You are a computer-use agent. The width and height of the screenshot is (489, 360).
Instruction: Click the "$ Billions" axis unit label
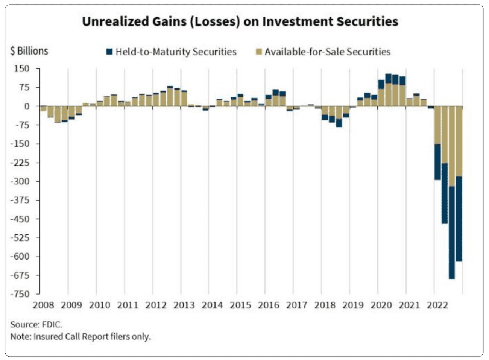(x=29, y=51)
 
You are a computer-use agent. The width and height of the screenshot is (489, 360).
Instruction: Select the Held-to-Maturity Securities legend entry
(x=172, y=52)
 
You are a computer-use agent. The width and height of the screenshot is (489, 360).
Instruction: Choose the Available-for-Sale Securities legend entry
(x=323, y=52)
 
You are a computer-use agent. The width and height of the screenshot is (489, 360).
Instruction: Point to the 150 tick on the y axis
(x=22, y=69)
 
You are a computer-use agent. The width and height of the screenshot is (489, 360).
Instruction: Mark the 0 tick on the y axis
(x=27, y=106)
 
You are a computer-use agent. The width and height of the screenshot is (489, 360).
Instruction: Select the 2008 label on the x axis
(x=43, y=305)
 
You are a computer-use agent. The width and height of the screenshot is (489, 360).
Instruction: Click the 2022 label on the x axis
(x=437, y=305)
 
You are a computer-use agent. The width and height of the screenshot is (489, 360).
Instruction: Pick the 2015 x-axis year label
(x=240, y=305)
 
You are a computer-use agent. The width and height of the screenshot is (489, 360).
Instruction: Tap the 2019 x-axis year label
(x=353, y=305)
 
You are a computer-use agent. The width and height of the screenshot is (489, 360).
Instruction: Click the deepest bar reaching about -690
(x=451, y=196)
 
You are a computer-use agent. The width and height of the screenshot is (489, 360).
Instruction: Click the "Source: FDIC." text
(x=36, y=324)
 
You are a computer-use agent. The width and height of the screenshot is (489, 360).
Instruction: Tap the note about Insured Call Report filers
(x=80, y=336)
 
